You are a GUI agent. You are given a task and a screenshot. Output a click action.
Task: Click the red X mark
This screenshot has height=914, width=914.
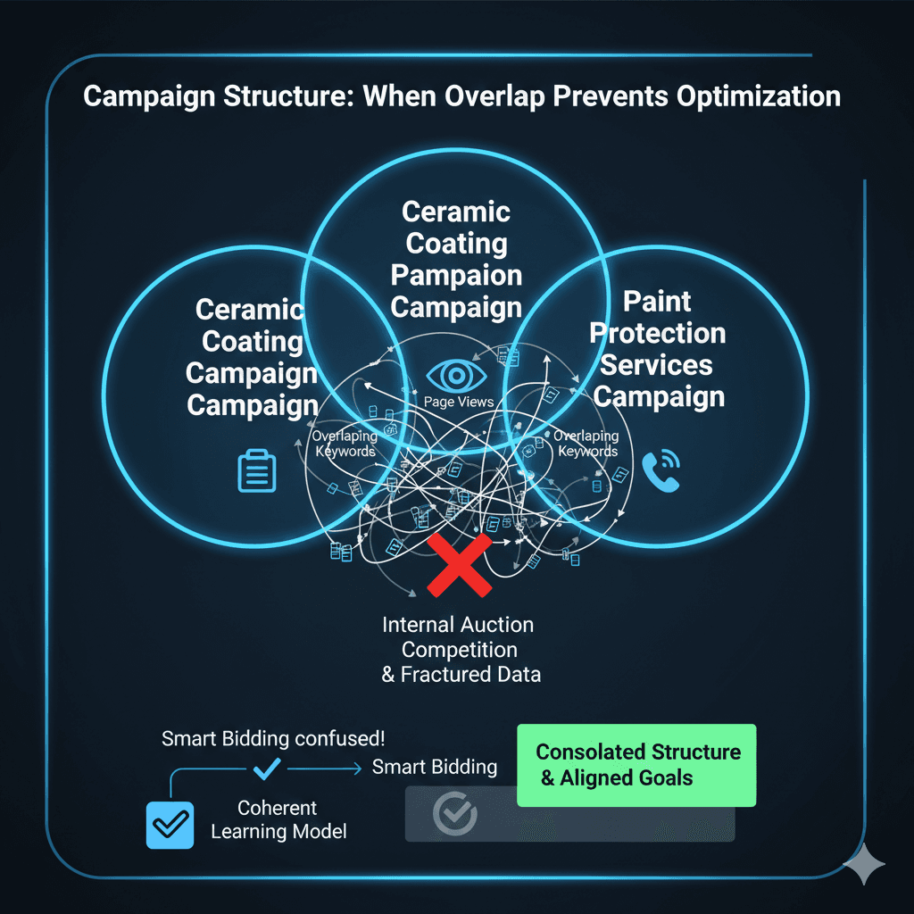tap(459, 565)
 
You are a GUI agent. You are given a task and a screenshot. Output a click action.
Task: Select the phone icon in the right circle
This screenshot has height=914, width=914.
tap(661, 470)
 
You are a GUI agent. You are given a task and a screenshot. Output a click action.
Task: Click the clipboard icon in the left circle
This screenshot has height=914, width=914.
tap(256, 470)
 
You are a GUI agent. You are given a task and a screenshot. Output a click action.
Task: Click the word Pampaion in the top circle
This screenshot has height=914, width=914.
tap(456, 275)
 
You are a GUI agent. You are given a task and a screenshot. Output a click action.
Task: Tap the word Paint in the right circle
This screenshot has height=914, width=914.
tap(658, 301)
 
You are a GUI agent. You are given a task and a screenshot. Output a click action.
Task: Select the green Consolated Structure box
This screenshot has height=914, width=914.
tap(636, 765)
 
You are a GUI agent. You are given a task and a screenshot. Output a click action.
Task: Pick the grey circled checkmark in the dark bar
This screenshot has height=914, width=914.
tap(454, 813)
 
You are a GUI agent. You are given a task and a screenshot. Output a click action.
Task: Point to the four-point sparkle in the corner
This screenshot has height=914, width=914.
tap(863, 865)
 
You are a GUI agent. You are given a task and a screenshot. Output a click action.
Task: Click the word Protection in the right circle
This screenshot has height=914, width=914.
tap(658, 333)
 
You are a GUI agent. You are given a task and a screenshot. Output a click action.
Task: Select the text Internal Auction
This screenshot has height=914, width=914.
tap(458, 625)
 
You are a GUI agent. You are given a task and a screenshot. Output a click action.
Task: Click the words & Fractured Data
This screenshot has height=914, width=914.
tap(461, 674)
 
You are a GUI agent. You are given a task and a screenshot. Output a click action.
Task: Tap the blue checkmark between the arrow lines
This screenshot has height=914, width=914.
tap(268, 767)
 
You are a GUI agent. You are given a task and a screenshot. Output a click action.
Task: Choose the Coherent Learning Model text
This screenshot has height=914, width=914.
tap(278, 820)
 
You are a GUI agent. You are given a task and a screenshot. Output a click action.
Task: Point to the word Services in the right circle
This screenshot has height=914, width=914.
tap(657, 365)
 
